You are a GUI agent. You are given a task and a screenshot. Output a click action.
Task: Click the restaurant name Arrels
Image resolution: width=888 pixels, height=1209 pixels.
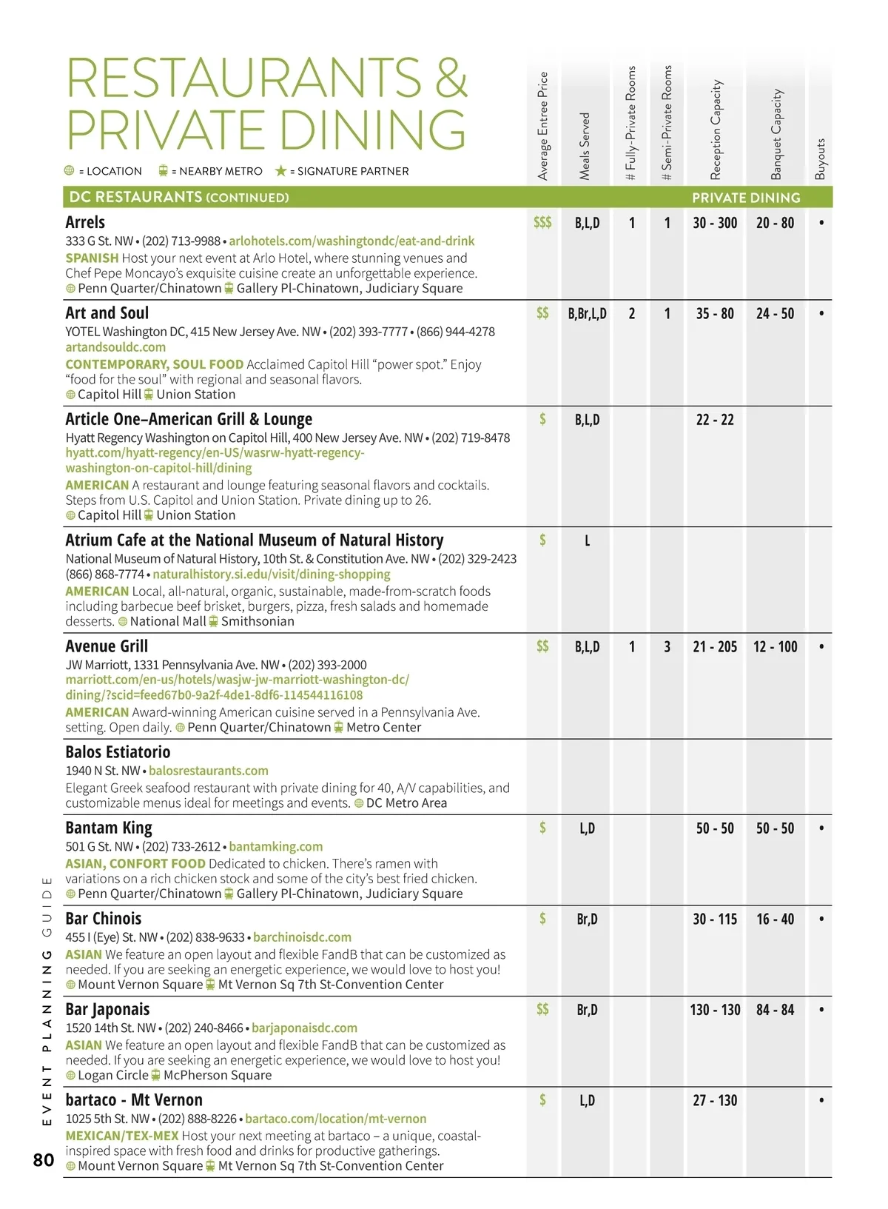click(x=85, y=222)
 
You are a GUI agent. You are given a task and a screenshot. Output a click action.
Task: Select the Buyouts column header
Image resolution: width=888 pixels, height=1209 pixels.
click(x=820, y=158)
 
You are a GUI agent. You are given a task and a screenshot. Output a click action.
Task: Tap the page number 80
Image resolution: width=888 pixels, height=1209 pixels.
click(x=44, y=1159)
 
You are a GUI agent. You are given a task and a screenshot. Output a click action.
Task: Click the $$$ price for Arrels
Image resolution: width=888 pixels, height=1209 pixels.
click(x=542, y=222)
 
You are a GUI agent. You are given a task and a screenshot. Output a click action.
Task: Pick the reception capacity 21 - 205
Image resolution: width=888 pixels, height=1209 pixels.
click(x=715, y=647)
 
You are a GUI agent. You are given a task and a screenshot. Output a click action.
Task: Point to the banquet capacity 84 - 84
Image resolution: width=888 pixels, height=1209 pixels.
click(x=775, y=1010)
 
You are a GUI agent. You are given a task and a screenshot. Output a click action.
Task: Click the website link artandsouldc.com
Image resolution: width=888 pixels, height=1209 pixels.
click(x=115, y=347)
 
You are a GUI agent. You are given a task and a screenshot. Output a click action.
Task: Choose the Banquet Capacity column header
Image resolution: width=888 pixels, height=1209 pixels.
click(x=776, y=134)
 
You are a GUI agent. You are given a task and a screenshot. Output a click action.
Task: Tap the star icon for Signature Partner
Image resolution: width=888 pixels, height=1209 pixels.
click(x=280, y=171)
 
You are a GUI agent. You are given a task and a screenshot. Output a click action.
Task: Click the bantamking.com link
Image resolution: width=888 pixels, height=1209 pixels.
click(x=276, y=846)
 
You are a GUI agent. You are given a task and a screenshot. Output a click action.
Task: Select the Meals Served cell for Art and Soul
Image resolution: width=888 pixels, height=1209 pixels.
click(x=587, y=314)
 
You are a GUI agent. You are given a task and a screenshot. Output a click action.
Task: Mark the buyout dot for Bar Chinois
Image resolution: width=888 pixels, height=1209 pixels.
click(x=821, y=919)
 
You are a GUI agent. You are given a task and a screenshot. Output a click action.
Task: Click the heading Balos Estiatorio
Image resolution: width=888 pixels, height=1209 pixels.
click(x=118, y=752)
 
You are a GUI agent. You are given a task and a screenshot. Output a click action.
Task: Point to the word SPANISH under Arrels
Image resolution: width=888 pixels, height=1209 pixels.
click(x=92, y=258)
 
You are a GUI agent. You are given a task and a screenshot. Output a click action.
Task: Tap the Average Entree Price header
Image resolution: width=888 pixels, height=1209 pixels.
click(x=543, y=126)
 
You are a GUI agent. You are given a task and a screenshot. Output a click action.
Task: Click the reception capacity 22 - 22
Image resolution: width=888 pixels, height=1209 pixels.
click(x=715, y=420)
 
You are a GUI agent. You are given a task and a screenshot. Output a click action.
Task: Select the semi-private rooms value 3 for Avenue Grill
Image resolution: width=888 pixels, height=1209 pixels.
click(x=667, y=647)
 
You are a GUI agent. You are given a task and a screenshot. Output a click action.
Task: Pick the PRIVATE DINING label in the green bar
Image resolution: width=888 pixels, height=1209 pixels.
click(x=746, y=198)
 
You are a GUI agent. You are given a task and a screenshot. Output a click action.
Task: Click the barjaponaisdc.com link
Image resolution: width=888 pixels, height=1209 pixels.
click(x=304, y=1028)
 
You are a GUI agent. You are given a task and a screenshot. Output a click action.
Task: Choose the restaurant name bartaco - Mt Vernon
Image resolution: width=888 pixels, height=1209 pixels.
click(x=134, y=1100)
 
